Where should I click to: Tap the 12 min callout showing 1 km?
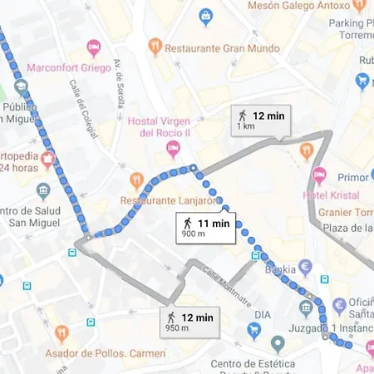click(260, 121)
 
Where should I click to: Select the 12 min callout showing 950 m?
click(190, 321)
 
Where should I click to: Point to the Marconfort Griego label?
click(69, 67)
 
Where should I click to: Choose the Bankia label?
click(279, 269)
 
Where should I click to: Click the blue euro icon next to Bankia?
click(305, 268)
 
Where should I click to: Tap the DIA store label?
click(263, 315)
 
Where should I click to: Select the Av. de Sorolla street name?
click(120, 76)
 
